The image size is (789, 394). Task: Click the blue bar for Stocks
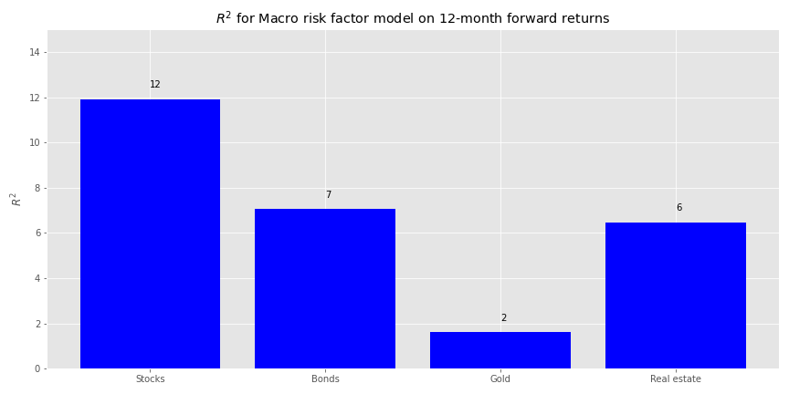coord(150,233)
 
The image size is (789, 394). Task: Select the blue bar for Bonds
coord(325,288)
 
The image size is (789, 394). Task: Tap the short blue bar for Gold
coord(500,350)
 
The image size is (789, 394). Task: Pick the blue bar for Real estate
coord(676,295)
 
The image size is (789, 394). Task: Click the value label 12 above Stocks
coord(155,85)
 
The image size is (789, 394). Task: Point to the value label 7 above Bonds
coord(329,194)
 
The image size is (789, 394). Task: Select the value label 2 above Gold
coord(504,317)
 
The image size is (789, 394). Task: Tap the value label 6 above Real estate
coord(679,208)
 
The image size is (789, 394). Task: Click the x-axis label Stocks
coord(150,378)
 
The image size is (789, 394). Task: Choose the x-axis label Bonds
coord(325,378)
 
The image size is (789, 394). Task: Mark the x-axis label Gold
coord(500,378)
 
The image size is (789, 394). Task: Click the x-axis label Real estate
coord(676,378)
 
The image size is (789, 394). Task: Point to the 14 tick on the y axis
coord(37,52)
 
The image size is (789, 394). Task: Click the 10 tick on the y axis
coord(37,142)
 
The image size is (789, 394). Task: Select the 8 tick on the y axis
coord(38,188)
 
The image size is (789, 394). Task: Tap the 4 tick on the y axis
coord(38,278)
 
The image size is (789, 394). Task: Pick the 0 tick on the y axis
coord(38,368)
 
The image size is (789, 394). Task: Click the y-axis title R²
coord(16,199)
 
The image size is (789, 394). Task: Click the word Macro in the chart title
coord(275,19)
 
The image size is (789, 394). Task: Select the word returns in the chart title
coord(587,19)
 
